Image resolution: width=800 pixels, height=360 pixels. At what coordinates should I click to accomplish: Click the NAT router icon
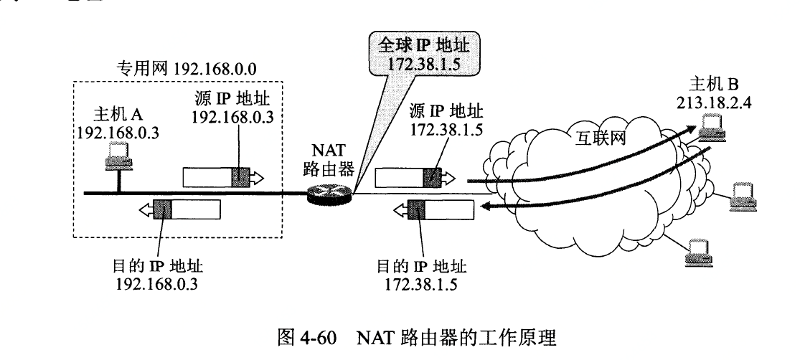tap(330, 192)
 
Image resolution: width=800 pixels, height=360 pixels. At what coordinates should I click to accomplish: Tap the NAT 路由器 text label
tap(329, 160)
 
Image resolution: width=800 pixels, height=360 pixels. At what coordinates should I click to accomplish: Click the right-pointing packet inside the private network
tap(222, 176)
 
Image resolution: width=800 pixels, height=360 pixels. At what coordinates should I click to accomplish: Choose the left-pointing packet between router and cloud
tap(438, 210)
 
